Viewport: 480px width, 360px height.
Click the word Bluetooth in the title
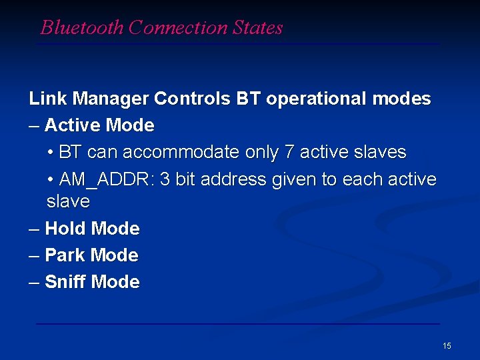[82, 27]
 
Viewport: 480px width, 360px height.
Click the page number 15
[447, 346]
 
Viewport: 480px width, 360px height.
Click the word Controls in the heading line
[193, 99]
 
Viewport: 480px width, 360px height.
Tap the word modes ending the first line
[401, 99]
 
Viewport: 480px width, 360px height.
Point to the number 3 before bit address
[165, 180]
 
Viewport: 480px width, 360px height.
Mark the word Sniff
[65, 282]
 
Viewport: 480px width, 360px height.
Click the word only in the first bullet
[262, 153]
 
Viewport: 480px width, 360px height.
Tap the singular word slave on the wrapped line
[68, 201]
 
